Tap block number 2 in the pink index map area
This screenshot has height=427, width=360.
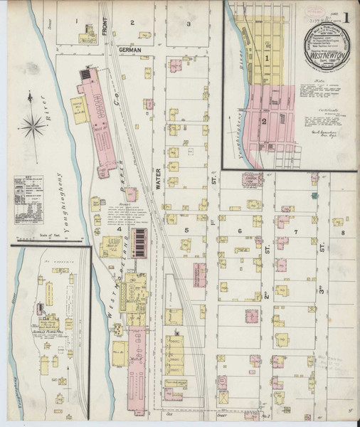pyautogui.click(x=264, y=120)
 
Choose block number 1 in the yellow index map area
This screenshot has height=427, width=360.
pyautogui.click(x=267, y=58)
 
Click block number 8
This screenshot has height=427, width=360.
pyautogui.click(x=342, y=232)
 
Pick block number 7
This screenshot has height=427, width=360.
pyautogui.click(x=295, y=232)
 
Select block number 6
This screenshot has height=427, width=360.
pyautogui.click(x=240, y=231)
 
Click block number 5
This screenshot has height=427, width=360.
pyautogui.click(x=186, y=231)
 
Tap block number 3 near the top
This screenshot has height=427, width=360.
pyautogui.click(x=188, y=23)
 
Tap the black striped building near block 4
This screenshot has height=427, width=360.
pyautogui.click(x=140, y=243)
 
